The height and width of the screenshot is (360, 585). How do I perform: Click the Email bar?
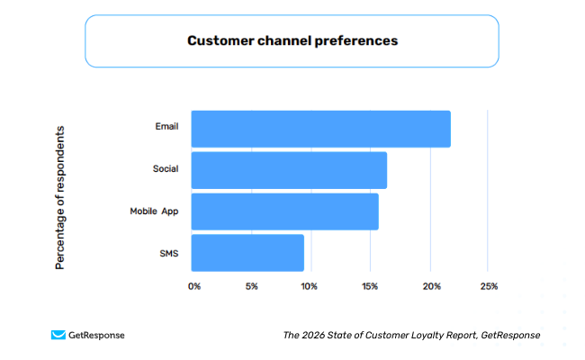(x=320, y=129)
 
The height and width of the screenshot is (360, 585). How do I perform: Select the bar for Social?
(x=289, y=170)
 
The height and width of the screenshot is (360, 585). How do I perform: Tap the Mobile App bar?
(x=284, y=211)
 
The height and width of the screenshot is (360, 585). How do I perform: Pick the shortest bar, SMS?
(x=247, y=253)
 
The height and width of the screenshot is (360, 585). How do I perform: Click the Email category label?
(x=166, y=127)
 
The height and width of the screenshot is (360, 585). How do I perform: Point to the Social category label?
(x=166, y=168)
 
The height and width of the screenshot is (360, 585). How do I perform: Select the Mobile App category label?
(x=154, y=211)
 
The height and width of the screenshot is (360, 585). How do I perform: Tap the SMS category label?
(x=168, y=254)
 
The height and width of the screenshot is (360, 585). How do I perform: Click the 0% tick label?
(x=194, y=286)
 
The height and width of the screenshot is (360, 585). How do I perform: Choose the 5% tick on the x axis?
(x=251, y=286)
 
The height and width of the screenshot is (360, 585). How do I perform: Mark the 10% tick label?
(x=309, y=286)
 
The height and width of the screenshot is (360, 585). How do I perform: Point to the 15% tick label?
(x=369, y=286)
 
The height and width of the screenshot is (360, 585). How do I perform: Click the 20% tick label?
(x=430, y=286)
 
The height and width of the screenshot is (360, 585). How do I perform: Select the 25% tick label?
(x=488, y=286)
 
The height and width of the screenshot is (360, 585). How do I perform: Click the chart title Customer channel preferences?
(x=292, y=40)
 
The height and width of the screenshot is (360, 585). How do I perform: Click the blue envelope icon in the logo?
(x=58, y=335)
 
